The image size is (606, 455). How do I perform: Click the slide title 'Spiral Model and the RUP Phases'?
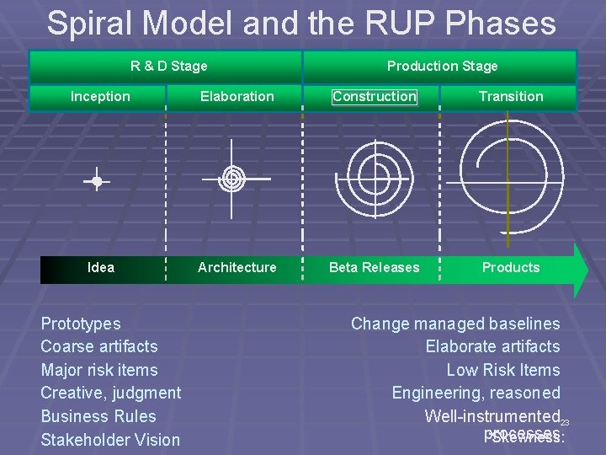click(x=301, y=23)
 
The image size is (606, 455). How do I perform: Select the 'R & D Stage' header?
click(x=168, y=66)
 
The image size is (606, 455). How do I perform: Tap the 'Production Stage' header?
click(x=442, y=66)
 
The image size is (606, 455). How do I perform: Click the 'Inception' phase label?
click(x=100, y=96)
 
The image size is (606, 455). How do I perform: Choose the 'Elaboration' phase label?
click(x=237, y=96)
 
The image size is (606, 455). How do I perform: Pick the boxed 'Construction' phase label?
click(x=375, y=96)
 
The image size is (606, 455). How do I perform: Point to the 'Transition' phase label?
click(x=511, y=96)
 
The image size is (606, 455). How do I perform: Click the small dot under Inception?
click(x=97, y=181)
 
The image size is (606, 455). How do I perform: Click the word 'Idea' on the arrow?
click(x=101, y=267)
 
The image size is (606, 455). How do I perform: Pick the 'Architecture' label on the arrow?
click(x=237, y=267)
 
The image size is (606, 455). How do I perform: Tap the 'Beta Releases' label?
click(x=374, y=267)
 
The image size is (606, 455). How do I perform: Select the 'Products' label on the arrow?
click(x=511, y=267)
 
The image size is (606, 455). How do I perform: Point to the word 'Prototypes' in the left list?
click(x=81, y=324)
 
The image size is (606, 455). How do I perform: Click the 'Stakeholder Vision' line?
click(x=110, y=439)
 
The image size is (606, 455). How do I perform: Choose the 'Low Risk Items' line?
click(x=502, y=370)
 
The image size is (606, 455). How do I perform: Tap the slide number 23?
click(x=566, y=422)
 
